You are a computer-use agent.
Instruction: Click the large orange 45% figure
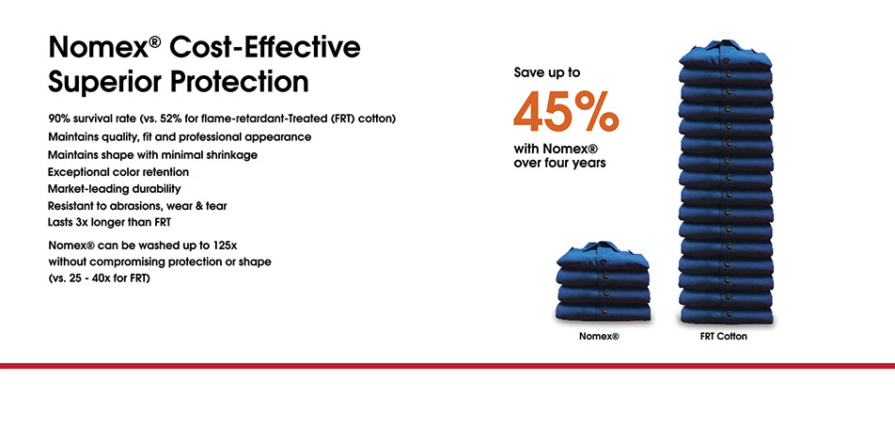(x=566, y=112)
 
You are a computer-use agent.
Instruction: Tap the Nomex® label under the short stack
(x=599, y=336)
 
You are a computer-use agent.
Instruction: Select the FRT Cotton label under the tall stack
(x=724, y=336)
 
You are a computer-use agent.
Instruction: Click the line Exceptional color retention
(x=118, y=171)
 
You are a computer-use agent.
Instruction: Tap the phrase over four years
(x=559, y=163)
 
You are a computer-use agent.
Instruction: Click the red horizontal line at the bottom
(x=447, y=364)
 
